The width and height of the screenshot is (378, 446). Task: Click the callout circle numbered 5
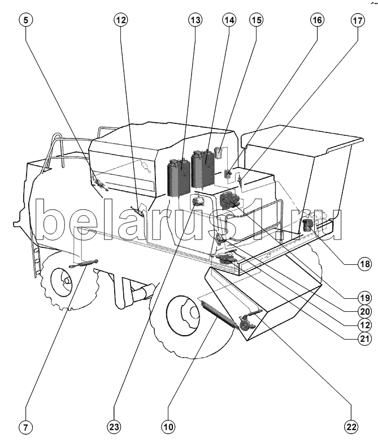(27, 20)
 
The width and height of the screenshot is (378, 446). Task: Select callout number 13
(195, 20)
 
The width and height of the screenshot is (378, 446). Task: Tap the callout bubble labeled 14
(228, 20)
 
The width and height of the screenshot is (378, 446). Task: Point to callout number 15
(257, 20)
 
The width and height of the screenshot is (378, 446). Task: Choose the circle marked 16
(316, 20)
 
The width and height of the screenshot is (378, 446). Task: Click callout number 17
(358, 20)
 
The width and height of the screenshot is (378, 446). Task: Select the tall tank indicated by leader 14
(202, 168)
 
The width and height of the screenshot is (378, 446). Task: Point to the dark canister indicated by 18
(308, 225)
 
